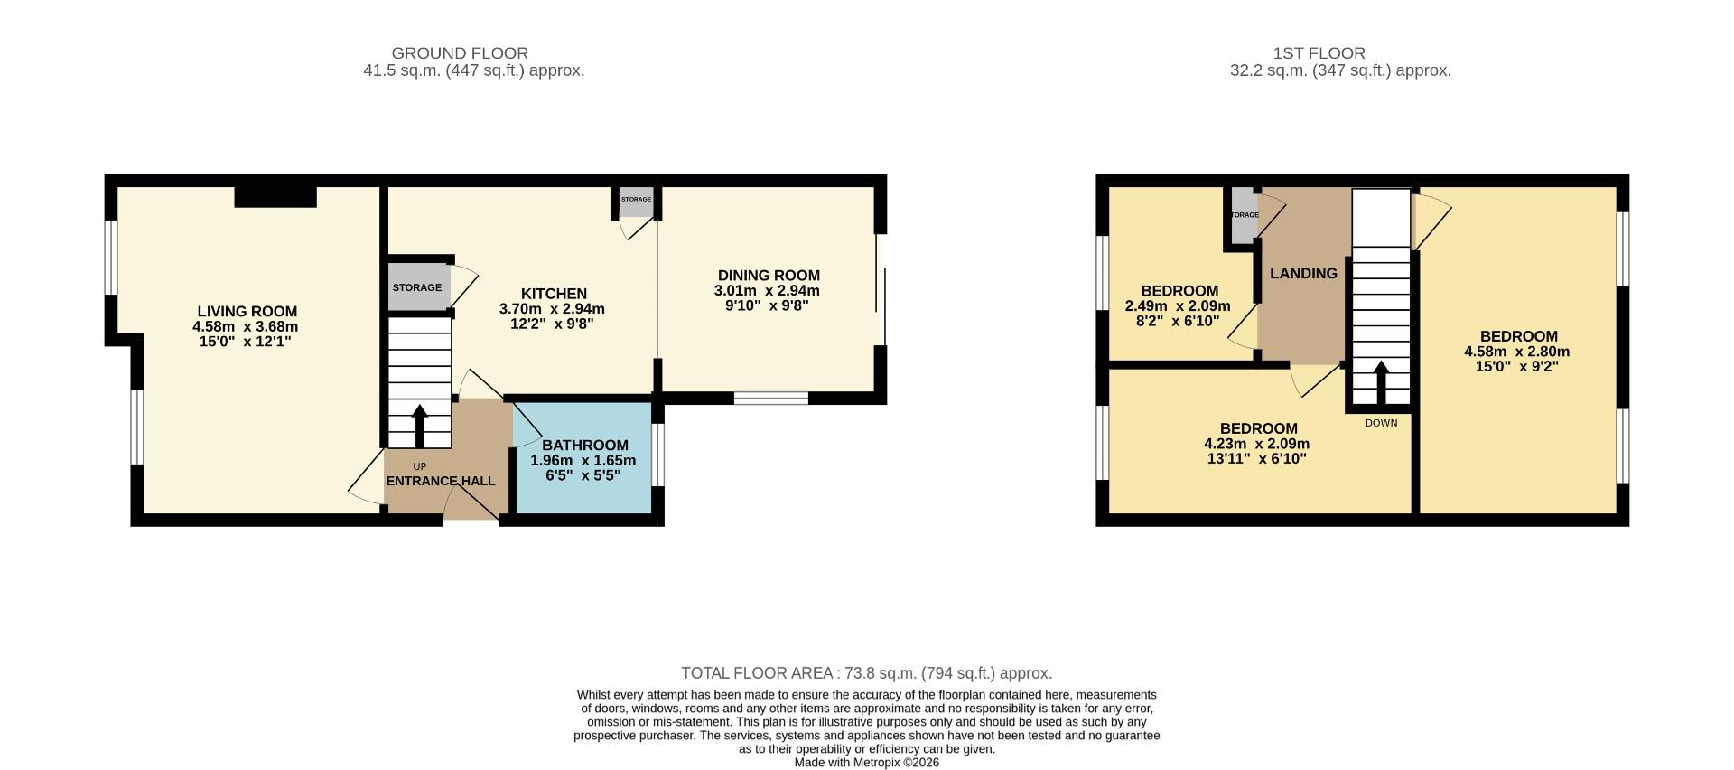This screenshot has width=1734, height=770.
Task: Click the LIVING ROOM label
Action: [x=247, y=312]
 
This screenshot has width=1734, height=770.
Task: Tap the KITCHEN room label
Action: [x=554, y=294]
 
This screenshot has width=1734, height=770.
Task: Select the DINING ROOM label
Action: [x=769, y=276]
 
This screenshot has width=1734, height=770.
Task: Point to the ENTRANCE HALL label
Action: [x=441, y=481]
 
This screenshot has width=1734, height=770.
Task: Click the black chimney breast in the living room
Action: [x=275, y=196]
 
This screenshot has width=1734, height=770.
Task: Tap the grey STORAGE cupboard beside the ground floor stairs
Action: [x=417, y=287]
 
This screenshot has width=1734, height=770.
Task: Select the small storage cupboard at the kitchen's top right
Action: [x=636, y=202]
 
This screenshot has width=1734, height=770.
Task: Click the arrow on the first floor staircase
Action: [x=1381, y=383]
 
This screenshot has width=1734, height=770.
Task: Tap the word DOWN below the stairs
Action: [x=1381, y=423]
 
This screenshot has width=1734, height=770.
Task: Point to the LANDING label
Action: [x=1303, y=274]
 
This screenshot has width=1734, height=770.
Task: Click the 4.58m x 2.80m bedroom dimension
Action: [x=1517, y=352]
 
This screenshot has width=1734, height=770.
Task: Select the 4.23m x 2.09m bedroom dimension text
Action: [x=1257, y=444]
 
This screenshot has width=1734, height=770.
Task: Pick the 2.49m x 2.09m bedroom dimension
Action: [x=1178, y=306]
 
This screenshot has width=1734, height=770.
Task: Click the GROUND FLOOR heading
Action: [x=460, y=53]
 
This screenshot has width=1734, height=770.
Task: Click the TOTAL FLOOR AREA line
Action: [x=866, y=673]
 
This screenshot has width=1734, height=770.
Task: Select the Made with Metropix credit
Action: [x=866, y=763]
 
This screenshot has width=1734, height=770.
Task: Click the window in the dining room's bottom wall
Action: [x=770, y=398]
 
